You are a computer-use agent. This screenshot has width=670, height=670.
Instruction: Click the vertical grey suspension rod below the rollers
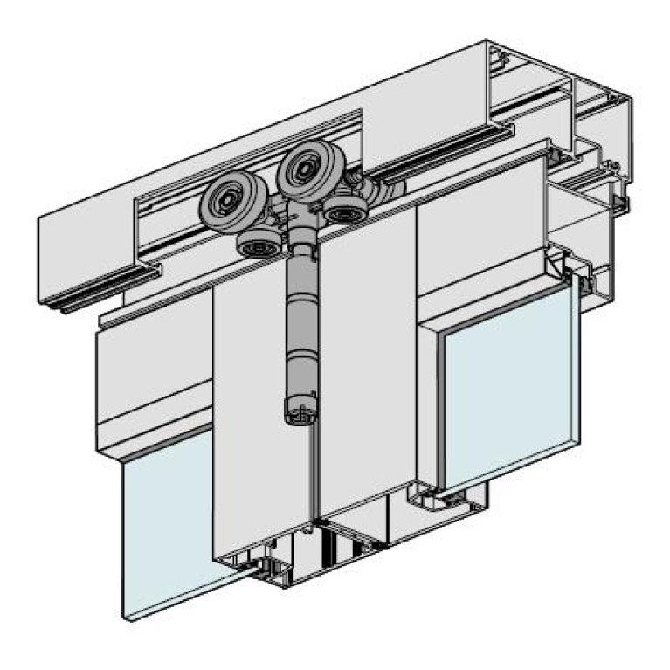click(x=299, y=323)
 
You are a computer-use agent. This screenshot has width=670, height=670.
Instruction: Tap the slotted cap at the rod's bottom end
click(x=299, y=411)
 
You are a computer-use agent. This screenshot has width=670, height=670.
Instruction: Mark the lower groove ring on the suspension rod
click(x=299, y=359)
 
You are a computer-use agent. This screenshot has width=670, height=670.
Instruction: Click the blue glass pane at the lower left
click(x=166, y=524)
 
